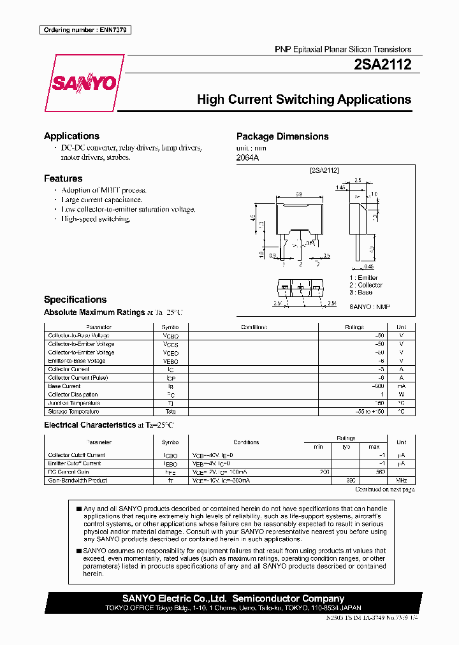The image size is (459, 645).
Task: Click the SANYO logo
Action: point(84,83)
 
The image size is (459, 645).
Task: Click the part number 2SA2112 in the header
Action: point(382,64)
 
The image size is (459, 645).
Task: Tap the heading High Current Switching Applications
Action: point(303,99)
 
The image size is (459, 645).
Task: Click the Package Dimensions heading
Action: point(282,136)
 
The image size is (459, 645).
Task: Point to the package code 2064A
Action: point(248,157)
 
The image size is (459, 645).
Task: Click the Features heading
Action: point(63,178)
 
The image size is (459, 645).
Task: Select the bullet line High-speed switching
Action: point(96,219)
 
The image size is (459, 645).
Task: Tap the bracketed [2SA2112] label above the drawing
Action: point(324,170)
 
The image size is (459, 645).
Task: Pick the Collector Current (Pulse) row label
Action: point(78,377)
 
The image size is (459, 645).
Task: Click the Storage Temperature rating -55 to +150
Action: point(368,411)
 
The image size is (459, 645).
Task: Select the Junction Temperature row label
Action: point(74,403)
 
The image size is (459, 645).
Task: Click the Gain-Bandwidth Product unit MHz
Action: point(401,481)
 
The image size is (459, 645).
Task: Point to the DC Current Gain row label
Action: point(69,472)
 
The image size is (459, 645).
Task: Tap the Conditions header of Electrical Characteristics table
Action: point(246,442)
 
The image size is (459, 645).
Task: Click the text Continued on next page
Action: point(384,489)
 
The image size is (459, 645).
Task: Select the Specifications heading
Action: point(75,300)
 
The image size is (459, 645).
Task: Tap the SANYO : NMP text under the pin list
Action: point(369,307)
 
